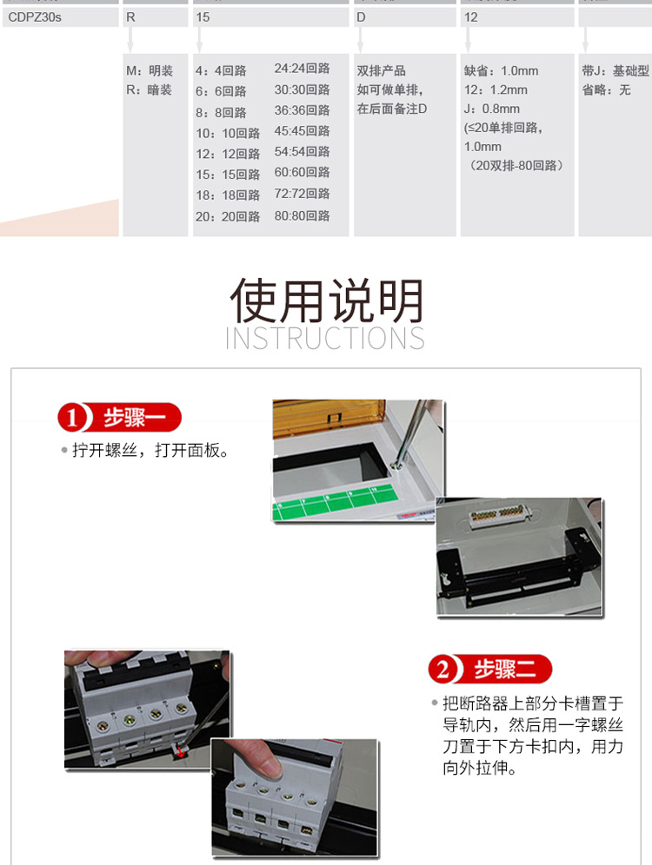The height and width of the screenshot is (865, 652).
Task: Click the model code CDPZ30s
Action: click(35, 17)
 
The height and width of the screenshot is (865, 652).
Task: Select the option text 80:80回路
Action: click(302, 215)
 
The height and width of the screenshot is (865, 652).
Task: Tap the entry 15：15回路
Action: click(228, 175)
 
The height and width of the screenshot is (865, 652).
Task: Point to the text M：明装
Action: click(150, 71)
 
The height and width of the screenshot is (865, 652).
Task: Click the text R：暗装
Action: click(149, 89)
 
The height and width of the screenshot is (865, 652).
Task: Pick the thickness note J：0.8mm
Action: click(492, 109)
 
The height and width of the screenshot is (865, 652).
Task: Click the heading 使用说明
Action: click(326, 301)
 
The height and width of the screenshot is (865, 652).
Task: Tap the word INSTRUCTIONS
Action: click(325, 338)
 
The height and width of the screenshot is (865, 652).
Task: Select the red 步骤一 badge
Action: click(120, 418)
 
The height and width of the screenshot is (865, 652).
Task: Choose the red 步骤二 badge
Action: click(490, 669)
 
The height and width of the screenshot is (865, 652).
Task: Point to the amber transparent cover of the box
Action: click(331, 419)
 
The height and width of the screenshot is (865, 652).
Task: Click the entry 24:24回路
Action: click(302, 69)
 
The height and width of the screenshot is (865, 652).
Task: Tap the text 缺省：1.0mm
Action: click(502, 71)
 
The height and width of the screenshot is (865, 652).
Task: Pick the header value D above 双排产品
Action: click(362, 17)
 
